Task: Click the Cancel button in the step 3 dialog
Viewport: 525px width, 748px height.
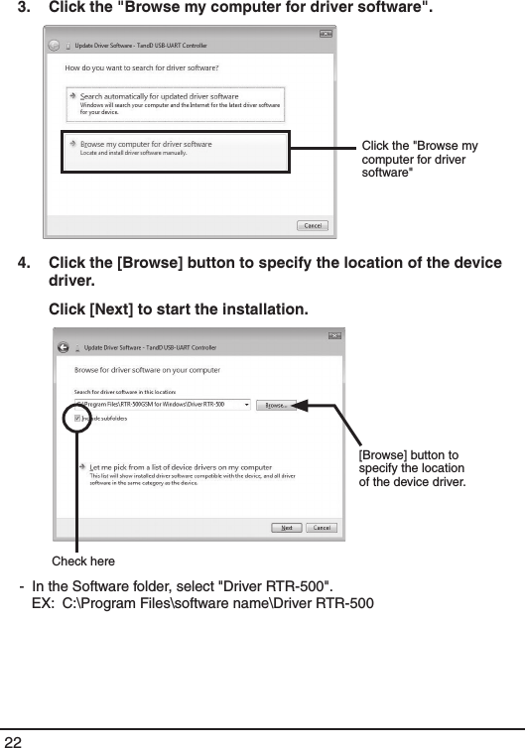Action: click(313, 225)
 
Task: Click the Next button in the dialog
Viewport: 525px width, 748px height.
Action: click(287, 528)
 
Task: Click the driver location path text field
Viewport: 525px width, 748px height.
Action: click(159, 405)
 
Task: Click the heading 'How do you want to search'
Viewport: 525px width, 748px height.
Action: click(141, 67)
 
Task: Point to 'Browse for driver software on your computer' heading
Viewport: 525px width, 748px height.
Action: click(148, 369)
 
